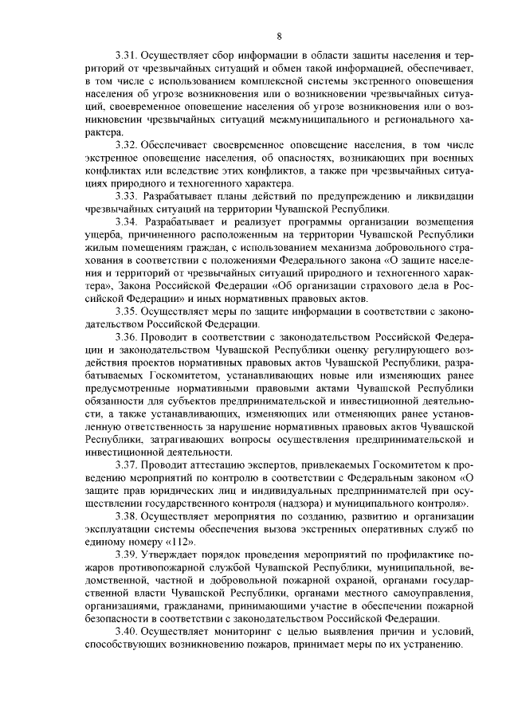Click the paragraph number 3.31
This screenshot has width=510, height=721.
tap(127, 58)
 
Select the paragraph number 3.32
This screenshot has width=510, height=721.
tap(127, 145)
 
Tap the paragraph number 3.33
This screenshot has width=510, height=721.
tap(127, 195)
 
